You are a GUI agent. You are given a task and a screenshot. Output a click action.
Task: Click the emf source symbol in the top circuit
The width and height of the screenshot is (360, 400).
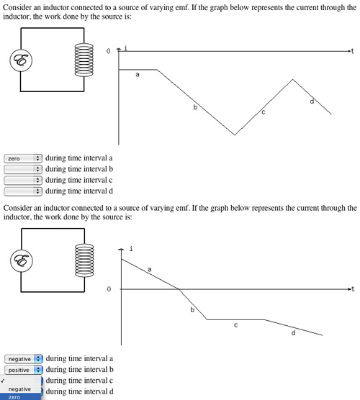tap(21, 60)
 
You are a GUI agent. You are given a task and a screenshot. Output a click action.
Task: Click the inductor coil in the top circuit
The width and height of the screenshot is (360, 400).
tap(84, 60)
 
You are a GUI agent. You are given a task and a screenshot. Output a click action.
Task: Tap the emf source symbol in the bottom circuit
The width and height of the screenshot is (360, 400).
tap(22, 260)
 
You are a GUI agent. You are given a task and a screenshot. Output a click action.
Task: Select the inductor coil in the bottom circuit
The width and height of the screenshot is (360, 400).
tap(84, 260)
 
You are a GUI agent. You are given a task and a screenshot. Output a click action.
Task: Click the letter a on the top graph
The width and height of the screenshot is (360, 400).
tap(138, 75)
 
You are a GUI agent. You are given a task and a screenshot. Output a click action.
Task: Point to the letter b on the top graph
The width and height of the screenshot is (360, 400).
tap(195, 107)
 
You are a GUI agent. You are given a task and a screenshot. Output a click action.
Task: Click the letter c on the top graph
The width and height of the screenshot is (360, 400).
tap(264, 112)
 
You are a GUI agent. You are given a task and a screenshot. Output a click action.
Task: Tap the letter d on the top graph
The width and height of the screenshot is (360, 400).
tap(312, 101)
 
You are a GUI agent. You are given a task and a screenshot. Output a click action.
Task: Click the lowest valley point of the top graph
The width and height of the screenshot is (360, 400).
tap(235, 135)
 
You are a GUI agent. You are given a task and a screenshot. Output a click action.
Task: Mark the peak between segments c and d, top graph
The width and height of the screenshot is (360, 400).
tap(293, 80)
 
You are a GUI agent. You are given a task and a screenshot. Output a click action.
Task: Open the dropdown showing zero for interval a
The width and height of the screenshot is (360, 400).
tap(23, 158)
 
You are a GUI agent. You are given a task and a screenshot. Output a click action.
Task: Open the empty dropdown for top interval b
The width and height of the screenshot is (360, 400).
tap(23, 169)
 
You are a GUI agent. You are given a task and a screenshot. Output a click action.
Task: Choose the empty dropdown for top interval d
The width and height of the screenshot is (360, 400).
tap(23, 191)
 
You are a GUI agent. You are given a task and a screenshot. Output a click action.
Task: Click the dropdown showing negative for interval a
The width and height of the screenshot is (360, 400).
tap(24, 359)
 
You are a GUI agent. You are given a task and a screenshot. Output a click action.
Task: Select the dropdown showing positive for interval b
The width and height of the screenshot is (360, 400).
tap(24, 370)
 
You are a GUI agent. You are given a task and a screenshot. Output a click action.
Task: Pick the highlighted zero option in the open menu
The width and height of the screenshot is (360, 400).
tap(20, 397)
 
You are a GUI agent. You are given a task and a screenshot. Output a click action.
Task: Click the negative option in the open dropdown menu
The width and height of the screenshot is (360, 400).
tap(19, 389)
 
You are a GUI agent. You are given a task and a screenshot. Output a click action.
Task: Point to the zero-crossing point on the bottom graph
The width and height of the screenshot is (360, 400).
tap(179, 289)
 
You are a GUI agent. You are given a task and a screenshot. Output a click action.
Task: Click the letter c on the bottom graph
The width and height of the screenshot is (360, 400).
tap(235, 325)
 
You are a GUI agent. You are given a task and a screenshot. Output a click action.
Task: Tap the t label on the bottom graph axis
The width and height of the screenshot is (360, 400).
tap(353, 288)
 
